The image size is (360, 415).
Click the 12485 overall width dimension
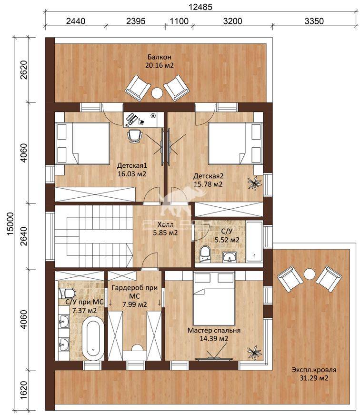[x=200, y=7]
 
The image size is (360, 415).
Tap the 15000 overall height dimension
[x=10, y=223]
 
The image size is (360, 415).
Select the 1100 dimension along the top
[x=179, y=21]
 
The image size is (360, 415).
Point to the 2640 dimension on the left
[x=23, y=236]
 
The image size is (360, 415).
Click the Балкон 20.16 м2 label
[x=159, y=61]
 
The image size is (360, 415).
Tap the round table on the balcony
[x=157, y=93]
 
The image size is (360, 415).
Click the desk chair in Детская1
[x=134, y=136]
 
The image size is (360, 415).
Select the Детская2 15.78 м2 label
[x=208, y=180]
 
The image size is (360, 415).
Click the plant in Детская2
[x=254, y=183]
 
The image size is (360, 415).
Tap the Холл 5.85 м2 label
[x=165, y=229]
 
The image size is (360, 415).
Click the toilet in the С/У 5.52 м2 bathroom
[x=205, y=253]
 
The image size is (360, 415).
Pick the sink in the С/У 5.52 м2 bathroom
[x=230, y=257]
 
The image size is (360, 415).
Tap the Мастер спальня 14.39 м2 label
[x=214, y=334]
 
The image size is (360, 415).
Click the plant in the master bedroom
[x=254, y=353]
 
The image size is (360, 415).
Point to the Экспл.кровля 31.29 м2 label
[x=314, y=374]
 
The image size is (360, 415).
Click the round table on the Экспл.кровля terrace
[x=309, y=274]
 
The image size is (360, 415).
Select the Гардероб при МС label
[x=135, y=292]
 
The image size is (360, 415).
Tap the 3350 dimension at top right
[x=314, y=21]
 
